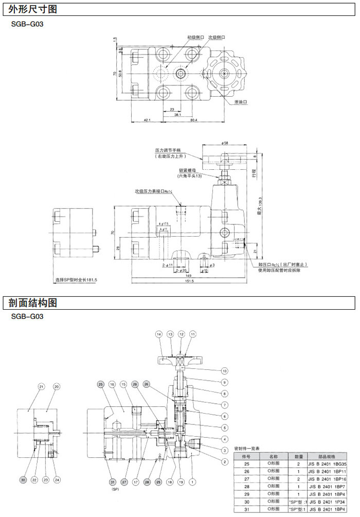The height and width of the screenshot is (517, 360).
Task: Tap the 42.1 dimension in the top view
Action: pyautogui.click(x=147, y=120)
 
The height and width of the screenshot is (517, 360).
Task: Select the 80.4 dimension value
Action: pyautogui.click(x=193, y=120)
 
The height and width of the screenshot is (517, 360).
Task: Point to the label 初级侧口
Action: pyautogui.click(x=195, y=38)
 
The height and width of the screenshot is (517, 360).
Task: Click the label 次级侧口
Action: pyautogui.click(x=217, y=38)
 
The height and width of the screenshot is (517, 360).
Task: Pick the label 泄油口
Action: pyautogui.click(x=241, y=102)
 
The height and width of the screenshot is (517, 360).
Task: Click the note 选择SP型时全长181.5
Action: pyautogui.click(x=76, y=280)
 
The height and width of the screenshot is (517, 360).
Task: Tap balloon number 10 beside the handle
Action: pyautogui.click(x=224, y=370)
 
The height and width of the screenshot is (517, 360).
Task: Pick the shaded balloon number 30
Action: pyautogui.click(x=23, y=479)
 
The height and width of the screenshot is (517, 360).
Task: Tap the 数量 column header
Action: pyautogui.click(x=298, y=456)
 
